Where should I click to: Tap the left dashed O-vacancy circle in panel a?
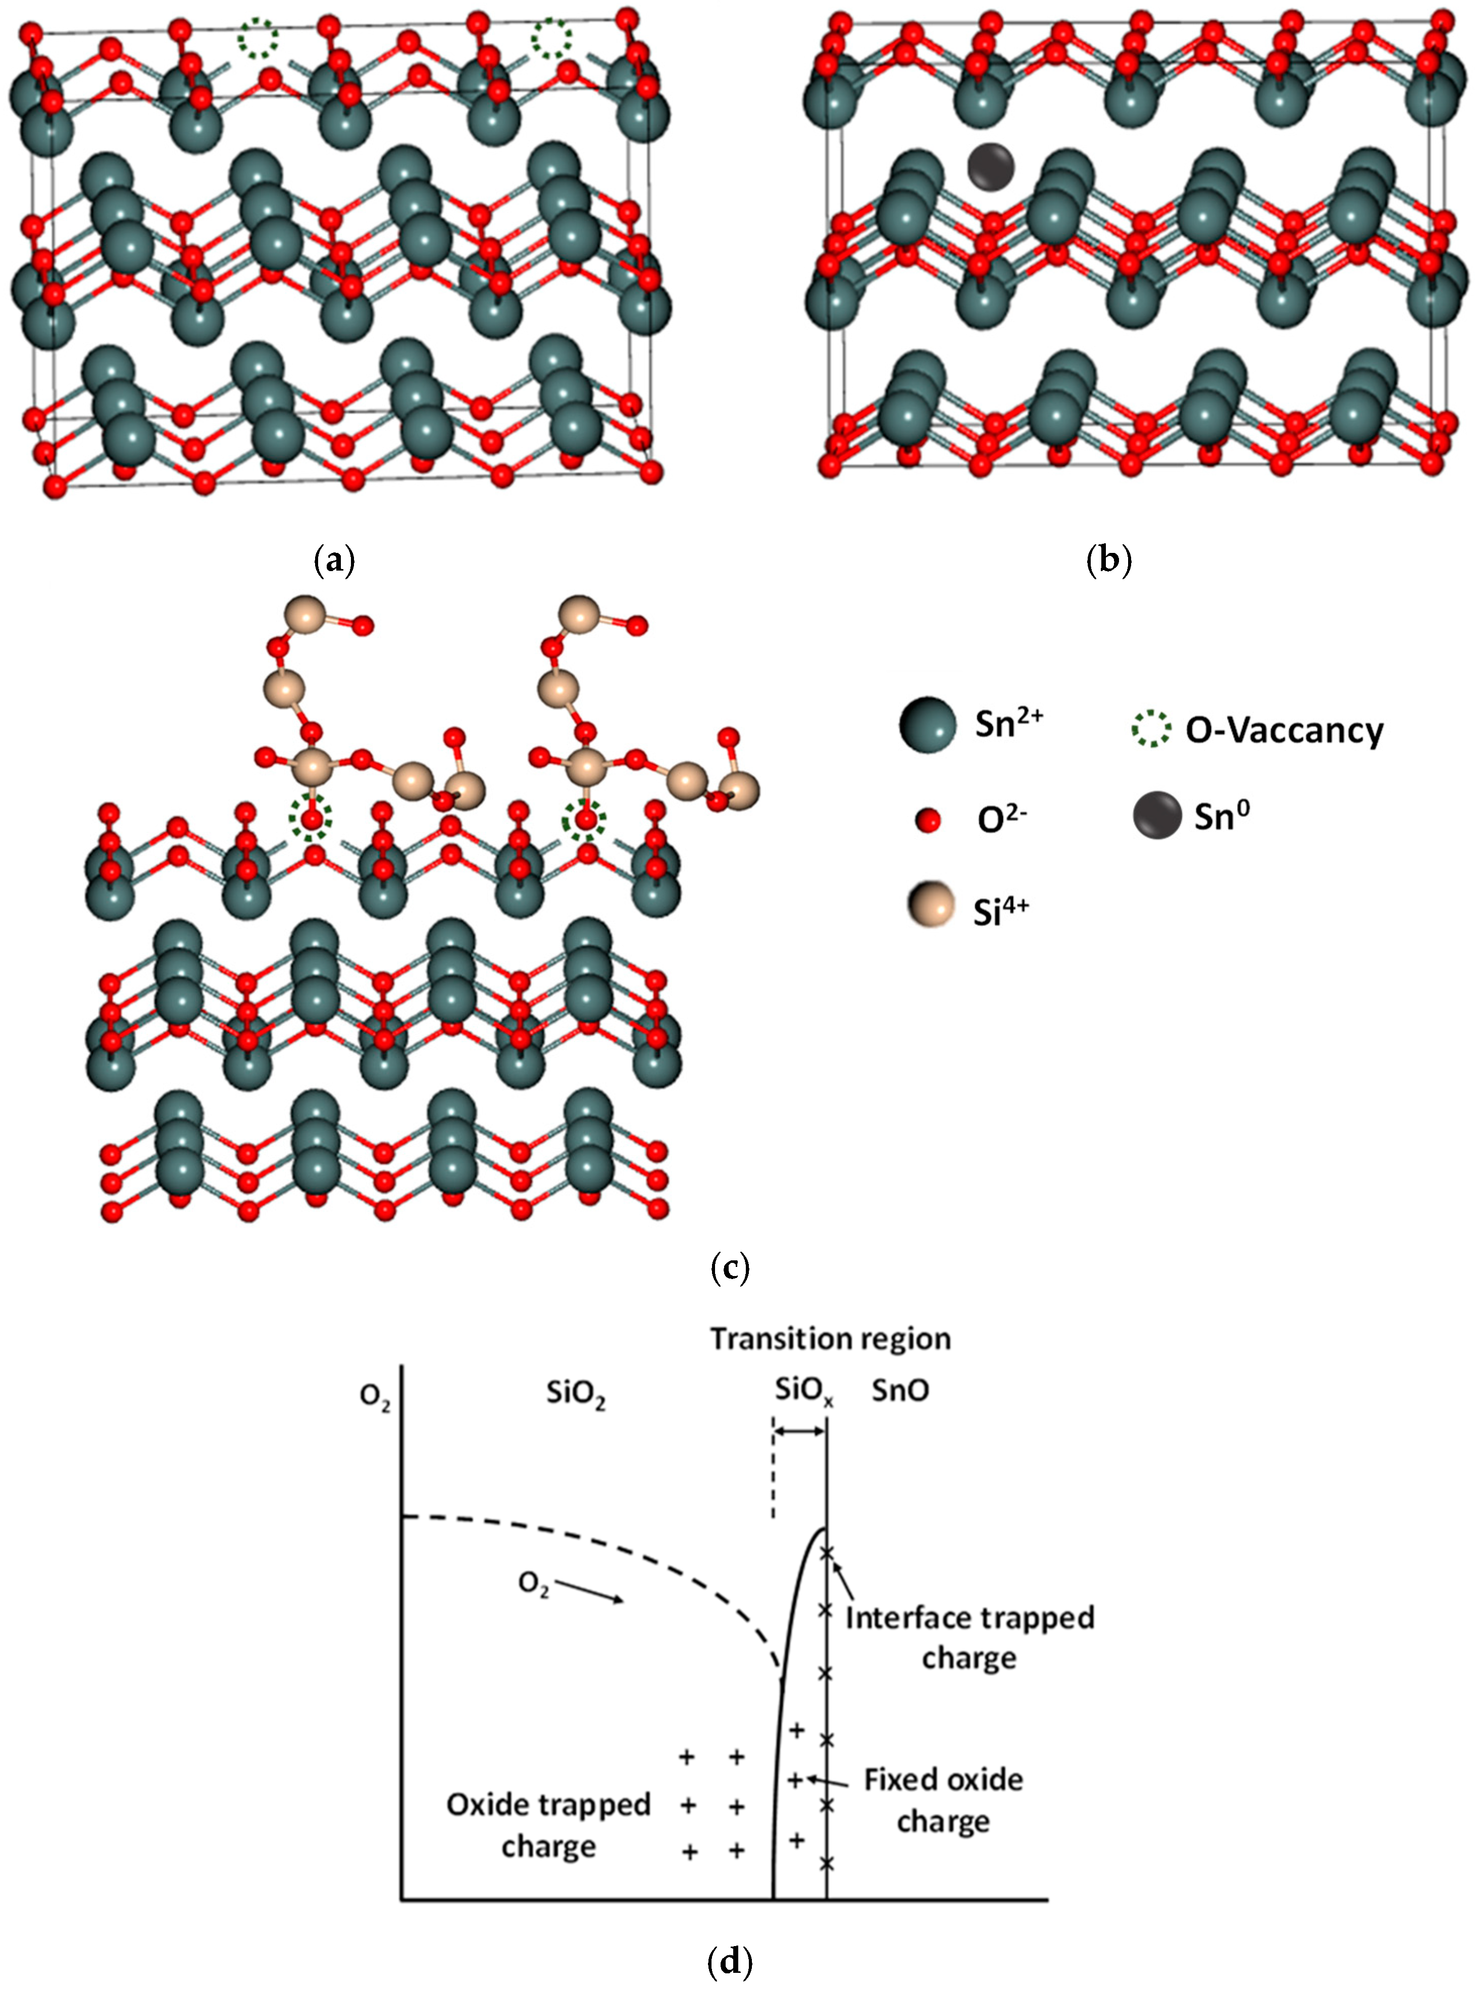coord(258,38)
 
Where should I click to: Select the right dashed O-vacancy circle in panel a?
coord(552,38)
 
